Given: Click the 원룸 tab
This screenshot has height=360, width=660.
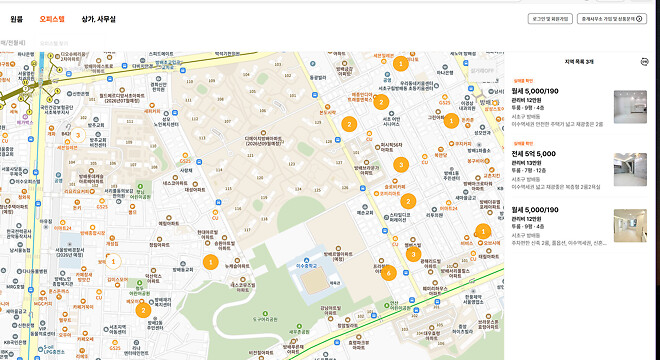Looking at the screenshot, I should (17, 18).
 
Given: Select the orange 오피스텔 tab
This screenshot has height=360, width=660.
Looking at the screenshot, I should (51, 18).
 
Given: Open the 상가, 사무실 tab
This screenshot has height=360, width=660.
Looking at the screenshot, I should (98, 18).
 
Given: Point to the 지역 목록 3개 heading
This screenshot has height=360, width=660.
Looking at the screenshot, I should (578, 61).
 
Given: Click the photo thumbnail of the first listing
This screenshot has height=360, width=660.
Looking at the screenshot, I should (630, 104).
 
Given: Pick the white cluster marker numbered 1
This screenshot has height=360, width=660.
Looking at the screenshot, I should (113, 261).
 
